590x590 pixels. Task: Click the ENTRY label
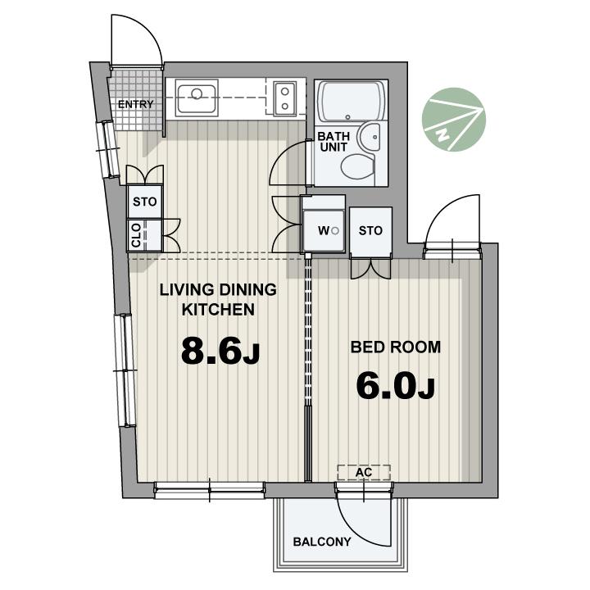point(135,104)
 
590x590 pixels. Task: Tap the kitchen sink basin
point(197,98)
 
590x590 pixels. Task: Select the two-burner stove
point(285,98)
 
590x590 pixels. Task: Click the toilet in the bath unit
point(358,167)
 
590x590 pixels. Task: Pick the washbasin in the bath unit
point(370,138)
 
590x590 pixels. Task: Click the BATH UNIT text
point(334,142)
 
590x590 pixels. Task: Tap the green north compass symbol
point(454,120)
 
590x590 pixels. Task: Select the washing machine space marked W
point(324,230)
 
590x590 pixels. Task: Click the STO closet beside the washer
point(370,231)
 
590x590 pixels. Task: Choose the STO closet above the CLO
point(145,202)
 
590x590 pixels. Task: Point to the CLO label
point(136,235)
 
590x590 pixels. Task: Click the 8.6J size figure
point(220,351)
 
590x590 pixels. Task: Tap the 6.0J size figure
point(396,386)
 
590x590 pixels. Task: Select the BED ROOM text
point(396,347)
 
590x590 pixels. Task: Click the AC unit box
point(364,473)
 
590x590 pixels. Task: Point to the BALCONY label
point(322,542)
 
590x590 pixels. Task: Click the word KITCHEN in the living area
point(218,310)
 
